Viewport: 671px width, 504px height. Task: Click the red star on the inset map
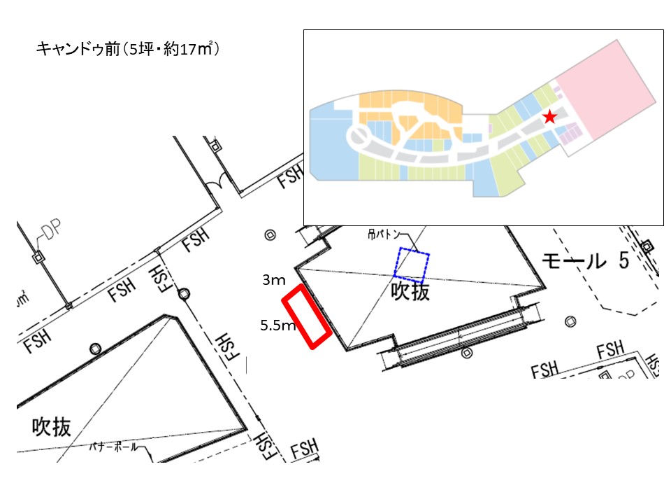pos(550,117)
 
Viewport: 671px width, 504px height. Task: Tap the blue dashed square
pos(412,265)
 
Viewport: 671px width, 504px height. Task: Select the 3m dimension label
pos(273,281)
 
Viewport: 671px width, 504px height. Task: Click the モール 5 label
pos(586,261)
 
